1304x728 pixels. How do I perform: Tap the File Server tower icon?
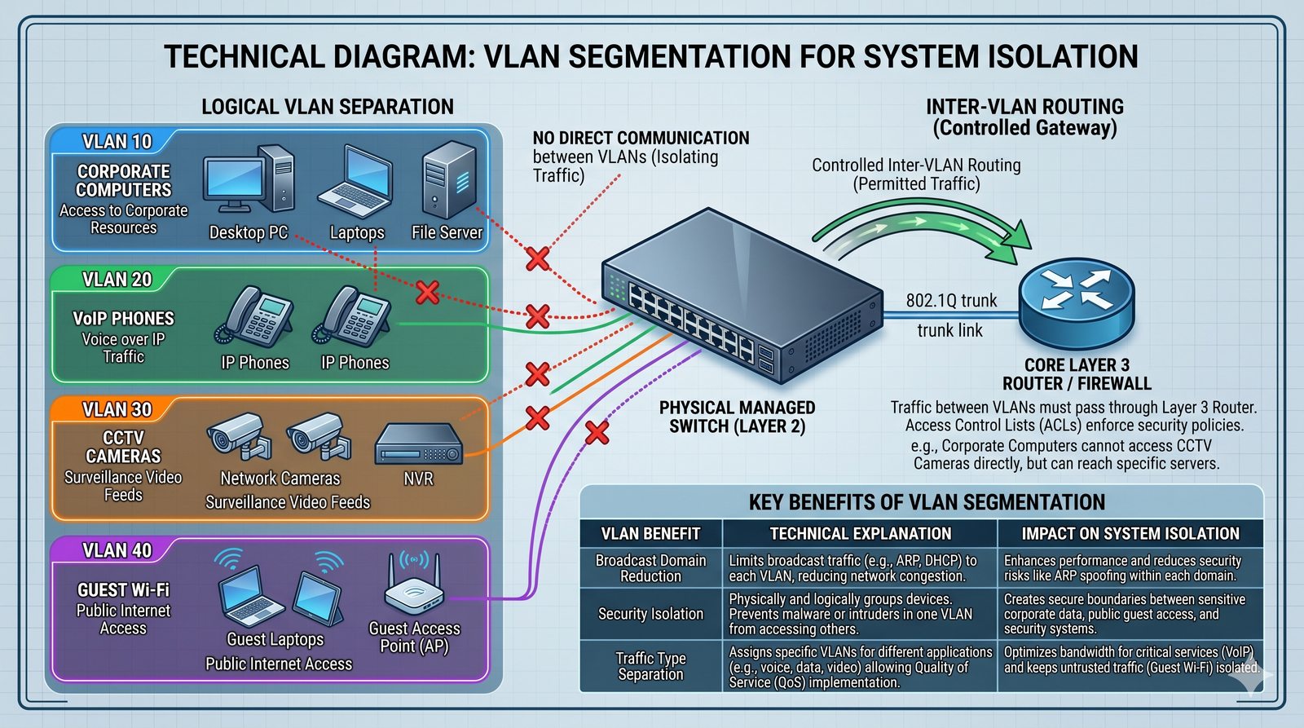tap(448, 179)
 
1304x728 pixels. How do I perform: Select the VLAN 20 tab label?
tap(117, 280)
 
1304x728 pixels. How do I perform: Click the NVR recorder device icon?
tap(418, 445)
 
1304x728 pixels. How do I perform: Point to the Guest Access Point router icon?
tap(414, 585)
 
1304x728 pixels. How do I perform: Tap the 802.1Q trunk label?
tap(951, 301)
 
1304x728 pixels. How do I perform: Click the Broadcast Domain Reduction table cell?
tap(650, 568)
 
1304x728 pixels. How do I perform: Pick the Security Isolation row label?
tap(650, 614)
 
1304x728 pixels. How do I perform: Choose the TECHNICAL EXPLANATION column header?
tap(860, 534)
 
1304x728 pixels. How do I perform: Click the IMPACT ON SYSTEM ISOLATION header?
tap(1130, 534)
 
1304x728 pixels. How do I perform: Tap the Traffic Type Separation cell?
tap(650, 666)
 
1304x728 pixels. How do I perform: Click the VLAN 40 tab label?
tap(117, 551)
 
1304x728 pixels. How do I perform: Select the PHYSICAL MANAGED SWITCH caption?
tap(737, 417)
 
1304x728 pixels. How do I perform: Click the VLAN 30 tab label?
tap(117, 409)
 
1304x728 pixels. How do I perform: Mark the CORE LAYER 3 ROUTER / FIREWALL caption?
tap(1076, 374)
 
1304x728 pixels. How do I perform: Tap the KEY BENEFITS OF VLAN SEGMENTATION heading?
tap(927, 502)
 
